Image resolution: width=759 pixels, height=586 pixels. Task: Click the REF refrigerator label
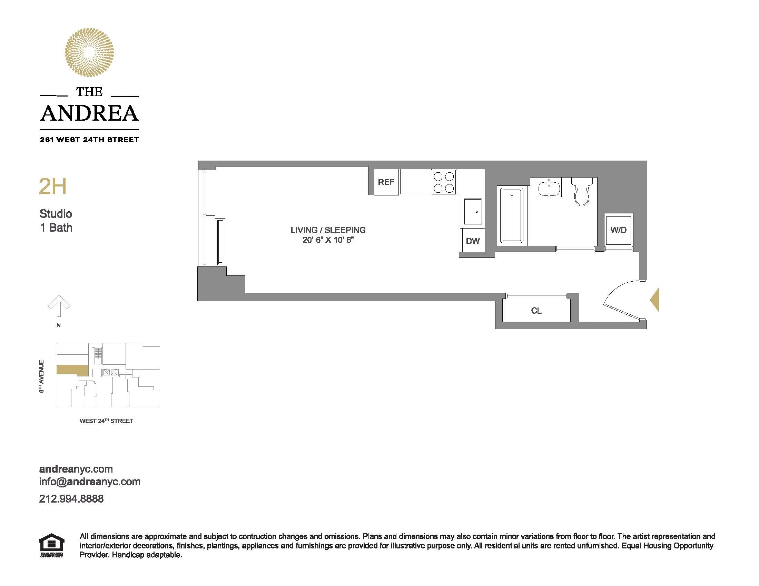click(x=386, y=182)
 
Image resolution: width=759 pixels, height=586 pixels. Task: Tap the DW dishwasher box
click(x=473, y=241)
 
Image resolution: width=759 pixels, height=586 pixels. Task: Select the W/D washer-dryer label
click(x=618, y=230)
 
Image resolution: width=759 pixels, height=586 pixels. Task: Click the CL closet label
click(x=536, y=311)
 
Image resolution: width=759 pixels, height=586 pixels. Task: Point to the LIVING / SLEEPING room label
click(x=328, y=230)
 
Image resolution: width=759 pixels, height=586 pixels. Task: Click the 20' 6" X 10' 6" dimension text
click(x=328, y=240)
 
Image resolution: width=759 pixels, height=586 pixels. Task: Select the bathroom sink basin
click(x=549, y=188)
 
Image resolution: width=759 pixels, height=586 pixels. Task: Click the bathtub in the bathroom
click(x=512, y=215)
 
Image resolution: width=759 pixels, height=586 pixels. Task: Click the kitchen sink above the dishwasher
click(x=473, y=212)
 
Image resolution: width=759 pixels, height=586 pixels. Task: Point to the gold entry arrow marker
click(x=655, y=299)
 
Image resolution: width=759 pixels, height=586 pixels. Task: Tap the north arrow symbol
click(x=59, y=306)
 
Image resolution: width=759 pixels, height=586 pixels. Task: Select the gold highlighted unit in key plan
click(x=73, y=370)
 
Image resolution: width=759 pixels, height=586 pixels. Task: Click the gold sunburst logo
click(x=89, y=52)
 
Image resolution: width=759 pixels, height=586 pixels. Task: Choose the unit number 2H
click(x=52, y=186)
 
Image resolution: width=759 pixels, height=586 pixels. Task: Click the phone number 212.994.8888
click(x=71, y=499)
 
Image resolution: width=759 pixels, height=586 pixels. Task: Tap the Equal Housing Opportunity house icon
click(x=51, y=544)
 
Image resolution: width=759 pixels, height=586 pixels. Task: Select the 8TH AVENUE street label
click(x=41, y=376)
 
